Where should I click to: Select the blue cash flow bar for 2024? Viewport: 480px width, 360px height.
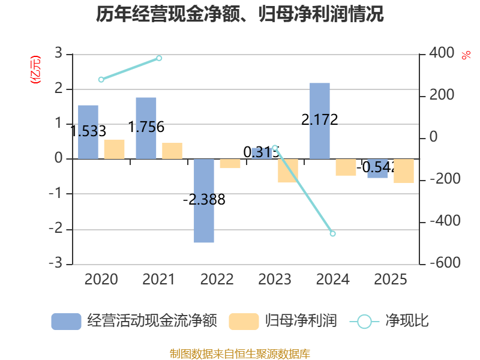(x=320, y=121)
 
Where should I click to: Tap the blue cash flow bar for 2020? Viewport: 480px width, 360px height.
(x=88, y=132)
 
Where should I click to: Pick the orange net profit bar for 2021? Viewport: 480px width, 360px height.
(x=172, y=151)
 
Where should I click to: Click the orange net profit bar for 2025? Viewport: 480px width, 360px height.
(x=403, y=170)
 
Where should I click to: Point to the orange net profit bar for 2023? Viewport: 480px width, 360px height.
(x=288, y=170)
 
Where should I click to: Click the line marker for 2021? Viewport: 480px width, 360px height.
(x=159, y=58)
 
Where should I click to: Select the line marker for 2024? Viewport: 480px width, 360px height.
(x=332, y=233)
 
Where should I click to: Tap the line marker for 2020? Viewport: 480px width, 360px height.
(x=101, y=79)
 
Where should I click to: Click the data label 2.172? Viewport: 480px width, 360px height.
(x=319, y=119)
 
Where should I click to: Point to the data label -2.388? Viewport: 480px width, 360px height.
(x=204, y=200)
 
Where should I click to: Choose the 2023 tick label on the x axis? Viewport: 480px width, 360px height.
(x=274, y=280)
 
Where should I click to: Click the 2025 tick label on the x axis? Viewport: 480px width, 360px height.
(x=390, y=280)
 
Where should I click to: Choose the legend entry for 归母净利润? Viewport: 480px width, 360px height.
(x=283, y=321)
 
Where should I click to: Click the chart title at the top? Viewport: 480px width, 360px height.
(x=240, y=14)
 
